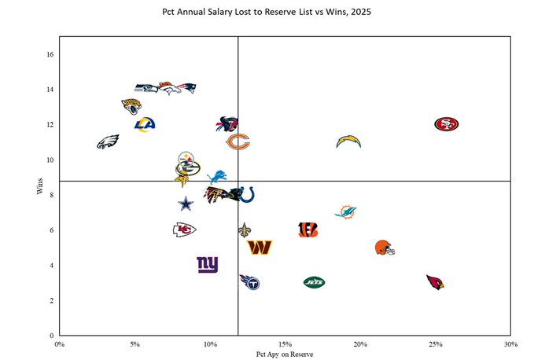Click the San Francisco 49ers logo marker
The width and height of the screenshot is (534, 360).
(x=446, y=124)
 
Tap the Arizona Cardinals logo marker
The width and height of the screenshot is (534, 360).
(x=435, y=282)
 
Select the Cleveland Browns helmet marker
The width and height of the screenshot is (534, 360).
(x=385, y=248)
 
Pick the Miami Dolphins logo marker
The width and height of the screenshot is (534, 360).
(x=345, y=212)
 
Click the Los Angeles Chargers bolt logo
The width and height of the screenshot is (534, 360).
(x=348, y=141)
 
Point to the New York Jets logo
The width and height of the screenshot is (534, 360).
(x=314, y=282)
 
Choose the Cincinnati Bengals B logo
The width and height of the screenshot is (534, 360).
(x=308, y=230)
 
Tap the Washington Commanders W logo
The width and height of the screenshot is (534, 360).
(x=260, y=248)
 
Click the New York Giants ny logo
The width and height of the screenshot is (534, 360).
(x=208, y=265)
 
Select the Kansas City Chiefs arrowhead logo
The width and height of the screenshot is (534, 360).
(x=184, y=230)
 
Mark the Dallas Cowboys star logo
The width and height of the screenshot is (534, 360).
(x=185, y=204)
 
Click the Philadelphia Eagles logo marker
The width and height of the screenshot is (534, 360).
(x=108, y=142)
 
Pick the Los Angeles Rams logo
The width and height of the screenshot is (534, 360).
(x=145, y=124)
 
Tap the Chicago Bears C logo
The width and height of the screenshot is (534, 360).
(x=238, y=142)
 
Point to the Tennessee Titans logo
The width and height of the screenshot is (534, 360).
(x=249, y=281)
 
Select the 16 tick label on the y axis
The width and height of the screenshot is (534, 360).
(x=49, y=55)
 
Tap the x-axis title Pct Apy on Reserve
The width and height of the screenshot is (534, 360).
(x=285, y=354)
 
